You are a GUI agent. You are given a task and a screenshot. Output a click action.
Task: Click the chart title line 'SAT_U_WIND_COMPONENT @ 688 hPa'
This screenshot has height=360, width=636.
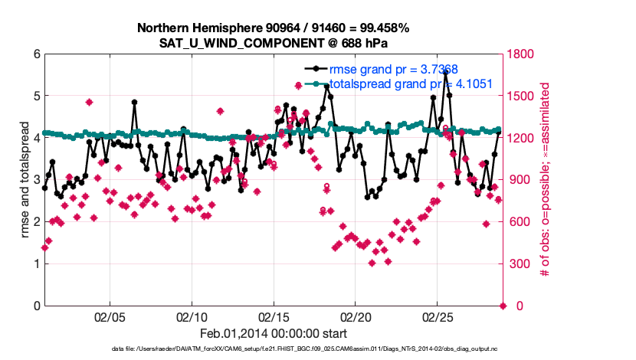274,43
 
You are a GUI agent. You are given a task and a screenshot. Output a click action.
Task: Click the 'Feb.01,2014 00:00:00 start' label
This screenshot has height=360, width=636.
274,333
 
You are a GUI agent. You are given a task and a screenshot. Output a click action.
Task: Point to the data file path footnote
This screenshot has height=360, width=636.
274,349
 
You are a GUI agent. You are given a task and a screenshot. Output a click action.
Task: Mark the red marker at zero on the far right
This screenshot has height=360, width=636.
503,306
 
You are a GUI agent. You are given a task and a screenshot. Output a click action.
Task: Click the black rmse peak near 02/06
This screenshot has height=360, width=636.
135,102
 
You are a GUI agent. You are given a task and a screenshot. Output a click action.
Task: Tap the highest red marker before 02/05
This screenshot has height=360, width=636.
90,102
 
